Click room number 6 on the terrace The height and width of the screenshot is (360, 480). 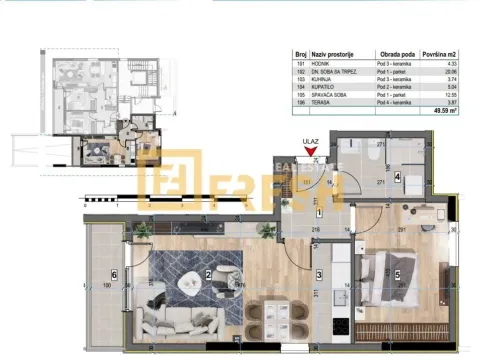click(x=114, y=274)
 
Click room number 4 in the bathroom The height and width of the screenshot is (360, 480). click(x=397, y=178)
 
